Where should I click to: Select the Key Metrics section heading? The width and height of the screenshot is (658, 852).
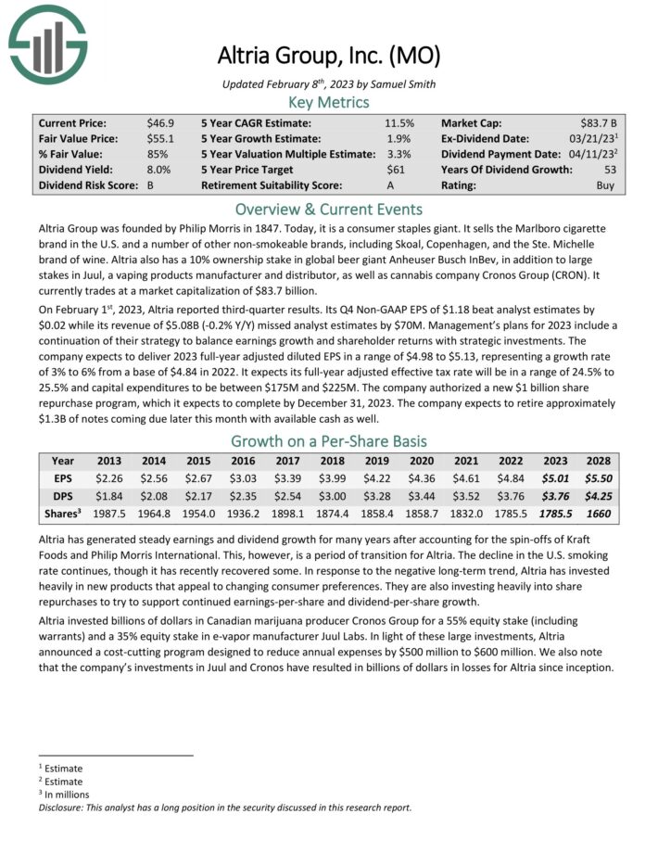coord(328,102)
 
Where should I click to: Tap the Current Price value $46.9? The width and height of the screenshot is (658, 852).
coord(158,122)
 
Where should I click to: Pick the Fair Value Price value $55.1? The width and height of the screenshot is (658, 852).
coord(158,138)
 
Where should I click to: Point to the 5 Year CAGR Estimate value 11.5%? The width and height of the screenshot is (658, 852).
coord(399,122)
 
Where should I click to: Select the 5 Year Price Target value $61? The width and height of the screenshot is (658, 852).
coord(404,170)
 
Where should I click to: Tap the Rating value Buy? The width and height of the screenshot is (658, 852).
coord(607,185)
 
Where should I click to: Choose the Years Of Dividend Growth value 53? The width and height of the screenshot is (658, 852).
coord(610,170)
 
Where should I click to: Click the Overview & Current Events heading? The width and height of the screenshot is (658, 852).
coord(328,209)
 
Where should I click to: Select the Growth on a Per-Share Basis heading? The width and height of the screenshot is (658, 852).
coord(328,441)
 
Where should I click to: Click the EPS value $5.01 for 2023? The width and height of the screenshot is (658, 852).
coord(553,478)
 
